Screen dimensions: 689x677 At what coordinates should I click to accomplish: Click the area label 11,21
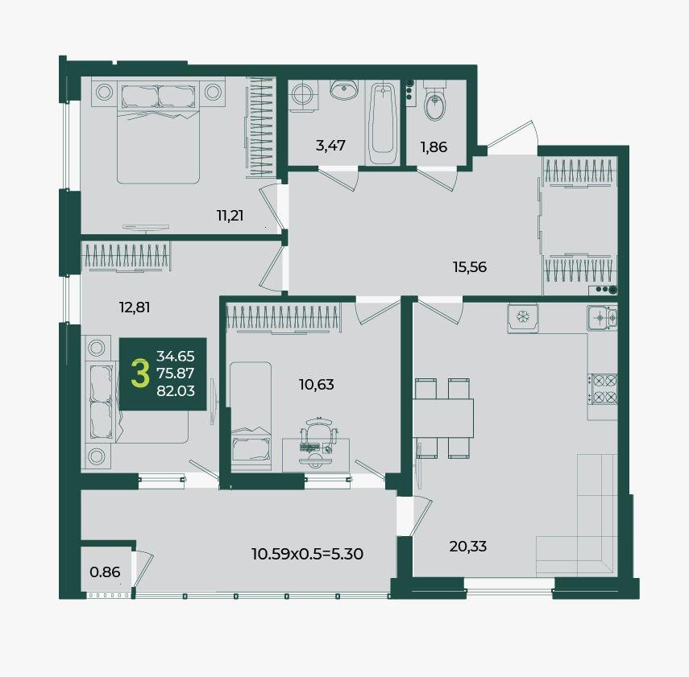230,216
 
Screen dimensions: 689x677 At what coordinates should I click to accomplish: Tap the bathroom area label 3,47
330,146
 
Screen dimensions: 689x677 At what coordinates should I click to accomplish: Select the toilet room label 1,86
434,147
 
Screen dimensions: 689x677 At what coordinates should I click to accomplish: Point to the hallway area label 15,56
470,267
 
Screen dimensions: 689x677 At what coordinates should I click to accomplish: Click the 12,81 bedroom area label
135,308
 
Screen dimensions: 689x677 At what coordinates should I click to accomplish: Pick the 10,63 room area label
317,385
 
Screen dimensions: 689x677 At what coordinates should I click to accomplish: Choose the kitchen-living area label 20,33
468,547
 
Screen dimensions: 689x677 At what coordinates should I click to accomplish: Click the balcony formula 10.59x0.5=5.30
307,554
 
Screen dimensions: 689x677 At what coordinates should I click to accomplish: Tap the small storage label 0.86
105,572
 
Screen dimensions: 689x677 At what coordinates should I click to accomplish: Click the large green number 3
140,374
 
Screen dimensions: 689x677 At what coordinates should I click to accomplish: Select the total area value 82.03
176,390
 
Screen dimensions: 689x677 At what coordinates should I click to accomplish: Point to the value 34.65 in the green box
176,356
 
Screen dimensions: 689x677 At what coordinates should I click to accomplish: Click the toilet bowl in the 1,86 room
435,105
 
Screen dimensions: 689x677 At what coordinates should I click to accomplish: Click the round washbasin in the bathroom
343,90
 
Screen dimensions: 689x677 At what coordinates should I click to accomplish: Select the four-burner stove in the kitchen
603,389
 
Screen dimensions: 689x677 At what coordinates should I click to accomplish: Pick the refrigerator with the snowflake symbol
523,318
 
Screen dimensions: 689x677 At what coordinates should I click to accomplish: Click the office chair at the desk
318,440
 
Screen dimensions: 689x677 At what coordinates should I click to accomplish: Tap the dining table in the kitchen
443,418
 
